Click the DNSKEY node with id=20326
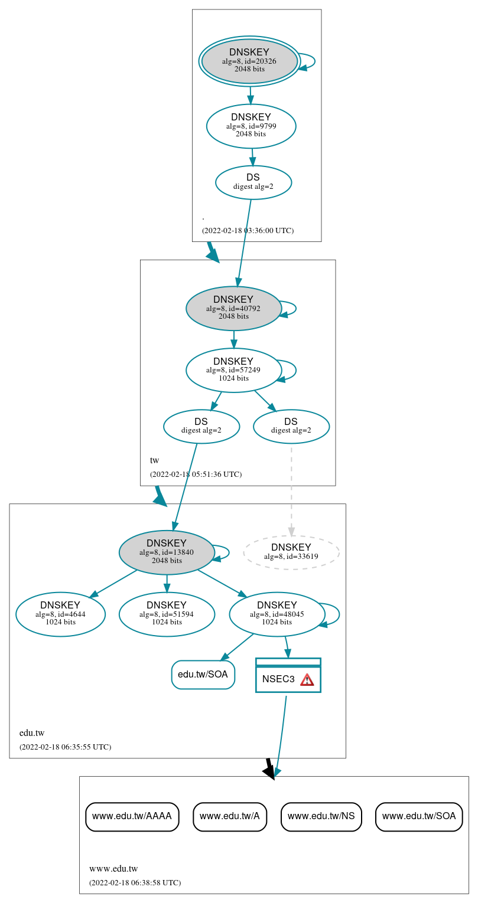click(249, 61)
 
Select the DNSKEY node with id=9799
click(251, 126)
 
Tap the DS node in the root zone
click(253, 182)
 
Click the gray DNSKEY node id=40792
click(233, 308)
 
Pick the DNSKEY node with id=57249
click(233, 370)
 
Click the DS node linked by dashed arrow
click(291, 426)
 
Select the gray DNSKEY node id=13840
click(167, 552)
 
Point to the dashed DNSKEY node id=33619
click(291, 552)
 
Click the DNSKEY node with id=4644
click(60, 614)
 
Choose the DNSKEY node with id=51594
click(167, 614)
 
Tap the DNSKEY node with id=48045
click(277, 614)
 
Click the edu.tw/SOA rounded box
click(203, 675)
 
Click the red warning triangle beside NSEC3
click(307, 679)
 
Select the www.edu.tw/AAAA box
click(132, 816)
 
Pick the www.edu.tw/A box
click(230, 816)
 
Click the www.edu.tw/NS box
click(321, 816)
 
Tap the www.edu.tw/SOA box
click(419, 816)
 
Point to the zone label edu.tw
click(32, 733)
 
